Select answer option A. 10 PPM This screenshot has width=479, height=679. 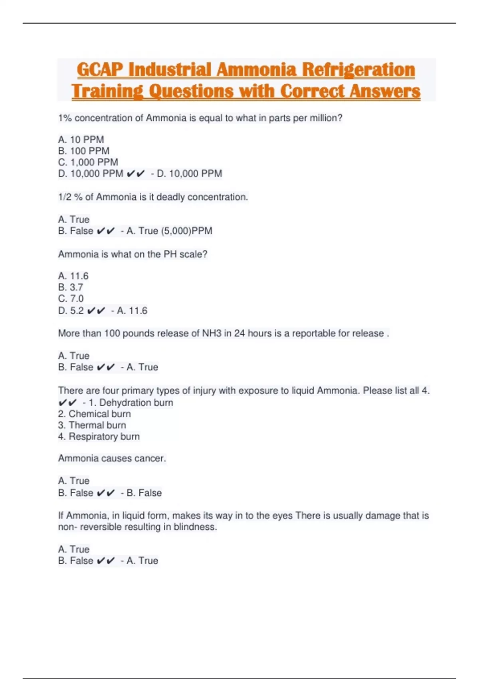[x=81, y=139]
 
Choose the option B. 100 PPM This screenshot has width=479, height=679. [x=84, y=151]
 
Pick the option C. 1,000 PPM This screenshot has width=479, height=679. [x=88, y=162]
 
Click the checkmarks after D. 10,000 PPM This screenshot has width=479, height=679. [x=136, y=174]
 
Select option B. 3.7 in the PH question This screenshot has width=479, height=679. [x=71, y=287]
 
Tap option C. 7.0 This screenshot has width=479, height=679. [x=71, y=298]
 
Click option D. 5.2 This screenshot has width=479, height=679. [x=71, y=310]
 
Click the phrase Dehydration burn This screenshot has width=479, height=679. [x=136, y=402]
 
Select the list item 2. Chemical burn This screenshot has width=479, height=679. [x=95, y=414]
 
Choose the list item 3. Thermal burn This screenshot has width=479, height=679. [x=92, y=425]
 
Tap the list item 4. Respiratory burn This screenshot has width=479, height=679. [x=99, y=436]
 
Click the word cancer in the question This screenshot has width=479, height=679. [x=150, y=458]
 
